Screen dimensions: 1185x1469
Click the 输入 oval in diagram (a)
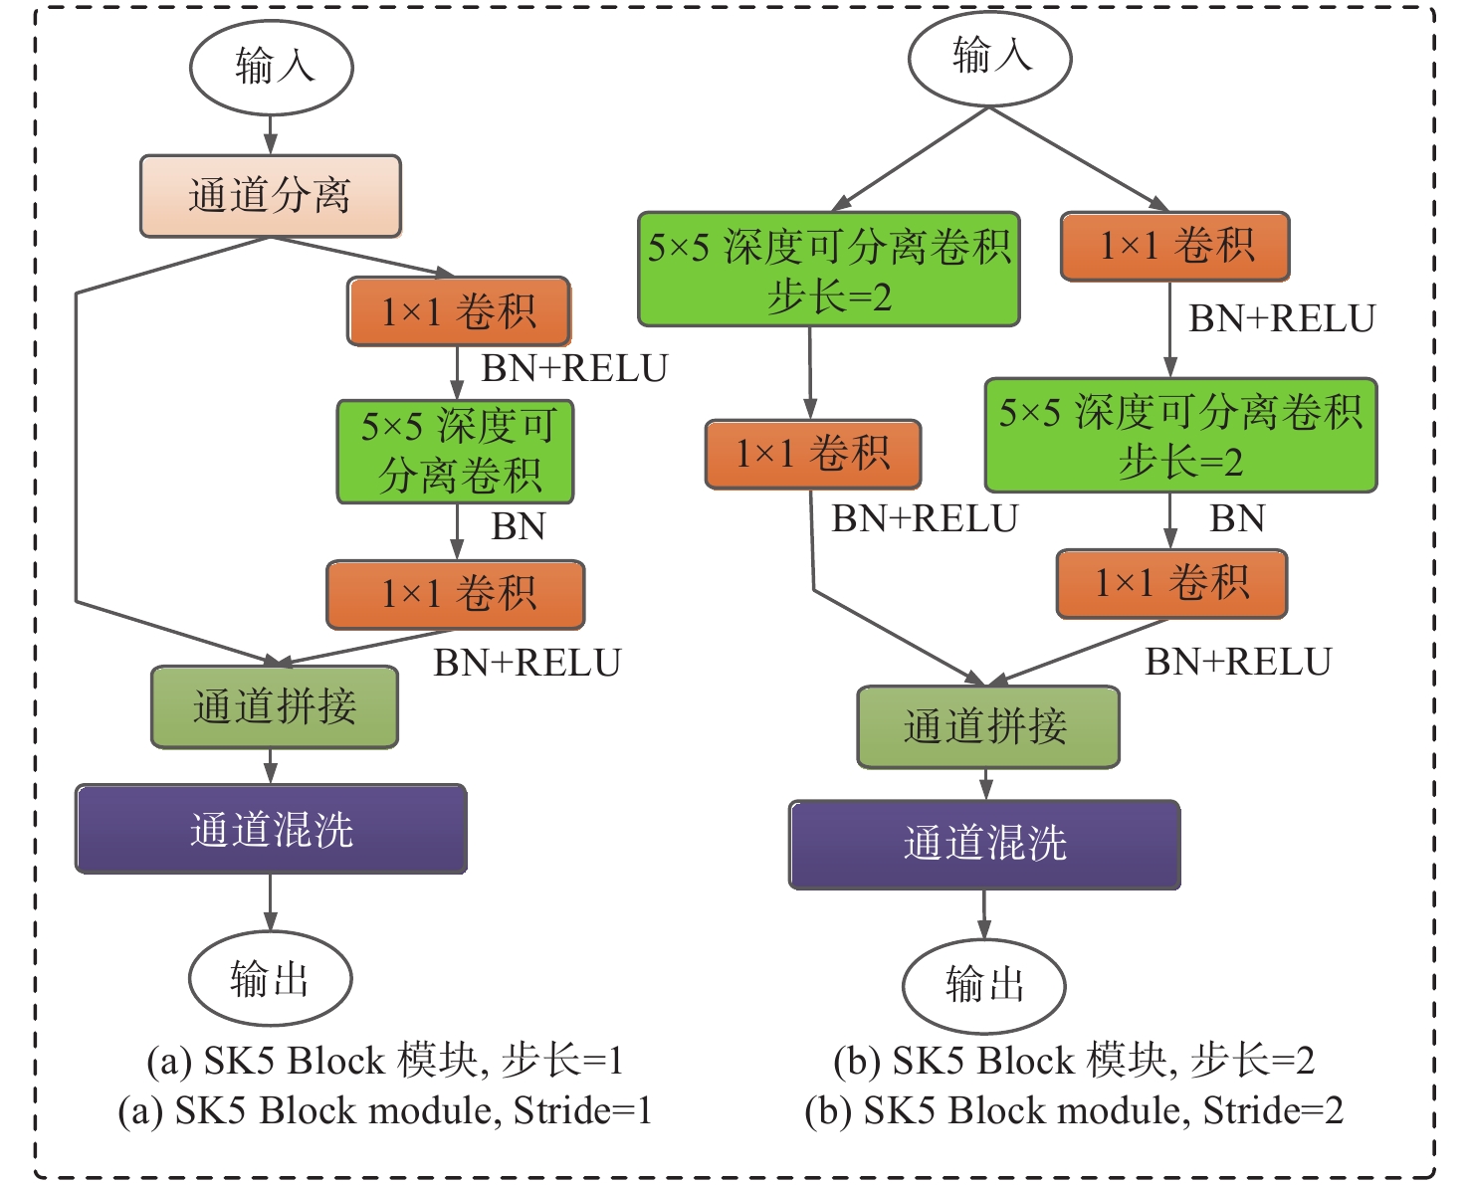[x=271, y=68]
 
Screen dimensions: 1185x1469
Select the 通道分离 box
[x=270, y=196]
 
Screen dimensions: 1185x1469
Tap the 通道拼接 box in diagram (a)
[x=275, y=707]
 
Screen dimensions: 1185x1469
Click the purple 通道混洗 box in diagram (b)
[x=984, y=844]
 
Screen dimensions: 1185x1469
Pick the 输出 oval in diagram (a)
[x=270, y=978]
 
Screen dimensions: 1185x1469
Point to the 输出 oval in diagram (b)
[x=983, y=985]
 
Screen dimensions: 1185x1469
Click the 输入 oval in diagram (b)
[x=989, y=57]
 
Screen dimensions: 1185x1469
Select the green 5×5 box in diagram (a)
[x=456, y=452]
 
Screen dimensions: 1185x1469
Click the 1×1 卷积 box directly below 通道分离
[x=459, y=311]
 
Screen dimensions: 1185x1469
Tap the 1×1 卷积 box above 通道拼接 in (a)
[x=456, y=594]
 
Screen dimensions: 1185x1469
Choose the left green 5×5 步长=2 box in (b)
[x=828, y=270]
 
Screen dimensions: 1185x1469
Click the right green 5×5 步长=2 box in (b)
[x=1180, y=436]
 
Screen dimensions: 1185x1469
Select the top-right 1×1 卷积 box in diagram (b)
[x=1174, y=246]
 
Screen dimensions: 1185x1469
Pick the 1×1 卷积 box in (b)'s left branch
[x=812, y=455]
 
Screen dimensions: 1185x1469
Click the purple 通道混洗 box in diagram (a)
[x=271, y=829]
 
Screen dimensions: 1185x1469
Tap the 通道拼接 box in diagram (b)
[x=987, y=727]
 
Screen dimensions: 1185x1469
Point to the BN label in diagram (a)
[x=519, y=526]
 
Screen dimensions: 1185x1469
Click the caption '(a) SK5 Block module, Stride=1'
[x=385, y=1110]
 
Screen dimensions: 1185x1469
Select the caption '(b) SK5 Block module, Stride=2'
[x=1074, y=1110]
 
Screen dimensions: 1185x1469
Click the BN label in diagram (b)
[x=1236, y=519]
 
